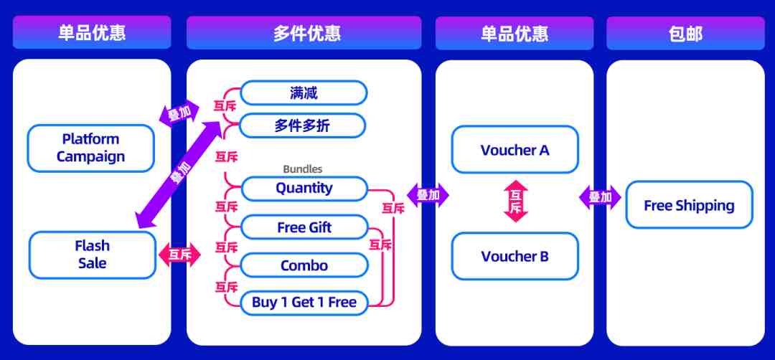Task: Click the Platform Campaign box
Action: [x=91, y=148]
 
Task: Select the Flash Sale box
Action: [x=93, y=255]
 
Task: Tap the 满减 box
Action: [x=304, y=93]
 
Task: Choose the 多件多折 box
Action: [x=302, y=126]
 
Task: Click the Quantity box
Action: [x=304, y=189]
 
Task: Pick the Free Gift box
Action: [x=304, y=227]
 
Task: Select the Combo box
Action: [x=304, y=265]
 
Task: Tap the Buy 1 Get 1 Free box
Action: [x=304, y=303]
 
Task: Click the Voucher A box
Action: [x=515, y=150]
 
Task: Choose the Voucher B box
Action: [x=515, y=256]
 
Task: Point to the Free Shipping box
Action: [x=690, y=205]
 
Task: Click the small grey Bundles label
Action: [x=303, y=169]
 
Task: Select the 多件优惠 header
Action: [x=304, y=33]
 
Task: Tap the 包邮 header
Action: [x=685, y=34]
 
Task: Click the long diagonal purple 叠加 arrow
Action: [x=179, y=175]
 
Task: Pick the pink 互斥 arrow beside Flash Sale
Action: [x=180, y=255]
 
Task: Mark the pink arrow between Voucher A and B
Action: [x=516, y=201]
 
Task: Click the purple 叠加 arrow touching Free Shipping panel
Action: [x=600, y=197]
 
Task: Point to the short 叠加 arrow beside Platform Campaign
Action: [x=179, y=114]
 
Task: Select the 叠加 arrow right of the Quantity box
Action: [x=428, y=196]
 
